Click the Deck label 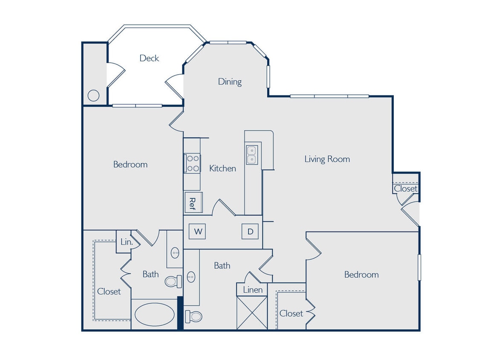pos(149,58)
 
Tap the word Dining pos(230,81)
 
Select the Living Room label pos(327,159)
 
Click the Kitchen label pos(222,168)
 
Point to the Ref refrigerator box pos(193,202)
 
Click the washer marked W pos(198,232)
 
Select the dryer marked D pos(250,232)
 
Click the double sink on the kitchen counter pos(251,155)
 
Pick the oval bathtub pos(154,315)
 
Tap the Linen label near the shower pos(253,290)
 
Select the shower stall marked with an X pos(252,313)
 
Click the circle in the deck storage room pos(93,96)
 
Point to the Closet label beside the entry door pos(405,189)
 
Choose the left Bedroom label pos(130,164)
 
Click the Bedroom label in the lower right pos(361,274)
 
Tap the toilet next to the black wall pos(194,316)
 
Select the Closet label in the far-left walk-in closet pos(109,291)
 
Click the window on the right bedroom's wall pos(419,267)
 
